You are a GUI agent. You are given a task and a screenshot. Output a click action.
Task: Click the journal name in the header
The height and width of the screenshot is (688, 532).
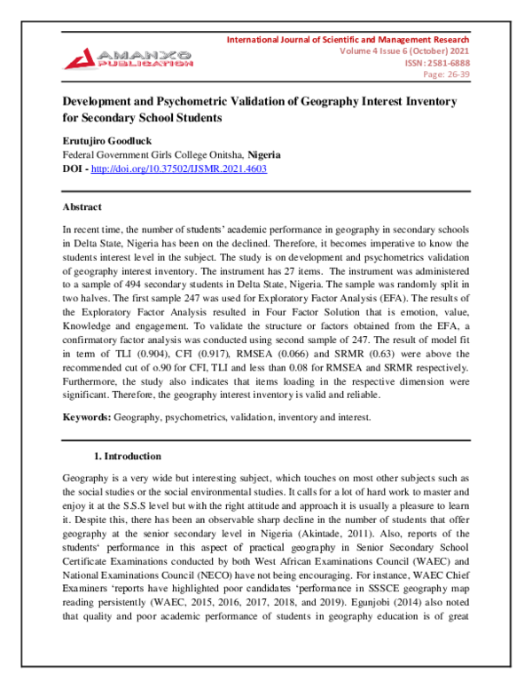[348, 40]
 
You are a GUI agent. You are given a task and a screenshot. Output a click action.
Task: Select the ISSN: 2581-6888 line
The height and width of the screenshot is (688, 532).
[437, 64]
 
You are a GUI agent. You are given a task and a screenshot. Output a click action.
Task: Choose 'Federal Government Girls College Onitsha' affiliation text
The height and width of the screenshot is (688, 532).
[152, 153]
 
